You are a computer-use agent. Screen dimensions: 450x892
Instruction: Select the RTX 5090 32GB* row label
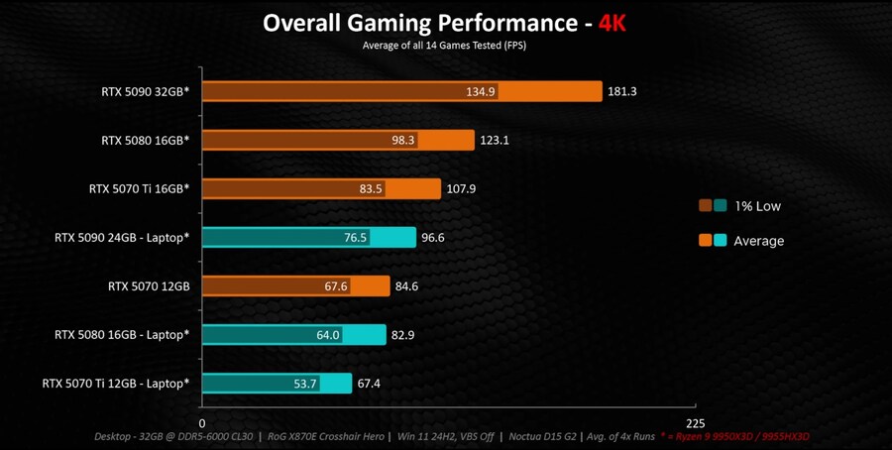[x=145, y=91]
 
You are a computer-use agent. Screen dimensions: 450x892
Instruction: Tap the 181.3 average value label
[x=620, y=91]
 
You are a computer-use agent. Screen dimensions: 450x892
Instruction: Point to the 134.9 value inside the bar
[x=480, y=91]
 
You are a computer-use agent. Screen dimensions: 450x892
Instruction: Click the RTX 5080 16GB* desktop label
[x=145, y=140]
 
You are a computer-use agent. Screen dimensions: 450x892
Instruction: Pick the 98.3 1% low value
[x=402, y=140]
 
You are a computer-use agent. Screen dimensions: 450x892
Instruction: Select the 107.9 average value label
[x=461, y=188]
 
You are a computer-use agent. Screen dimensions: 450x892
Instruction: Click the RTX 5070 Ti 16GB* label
[x=139, y=188]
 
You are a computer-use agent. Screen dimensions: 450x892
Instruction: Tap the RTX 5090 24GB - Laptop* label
[x=122, y=237]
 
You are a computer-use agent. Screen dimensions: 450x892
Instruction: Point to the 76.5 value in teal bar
[x=355, y=237]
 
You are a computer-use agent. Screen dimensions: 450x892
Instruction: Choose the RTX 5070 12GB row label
[x=149, y=285]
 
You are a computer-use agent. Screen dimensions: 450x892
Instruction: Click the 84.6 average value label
[x=406, y=285]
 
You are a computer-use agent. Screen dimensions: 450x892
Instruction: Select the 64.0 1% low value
[x=328, y=334]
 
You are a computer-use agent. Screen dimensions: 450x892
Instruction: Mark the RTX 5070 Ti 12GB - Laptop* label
[x=116, y=383]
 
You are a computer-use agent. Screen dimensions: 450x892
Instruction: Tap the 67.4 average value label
[x=370, y=383]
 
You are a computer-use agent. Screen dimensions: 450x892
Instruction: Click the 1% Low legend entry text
[x=757, y=206]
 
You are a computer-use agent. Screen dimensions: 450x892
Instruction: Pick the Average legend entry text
[x=758, y=241]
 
